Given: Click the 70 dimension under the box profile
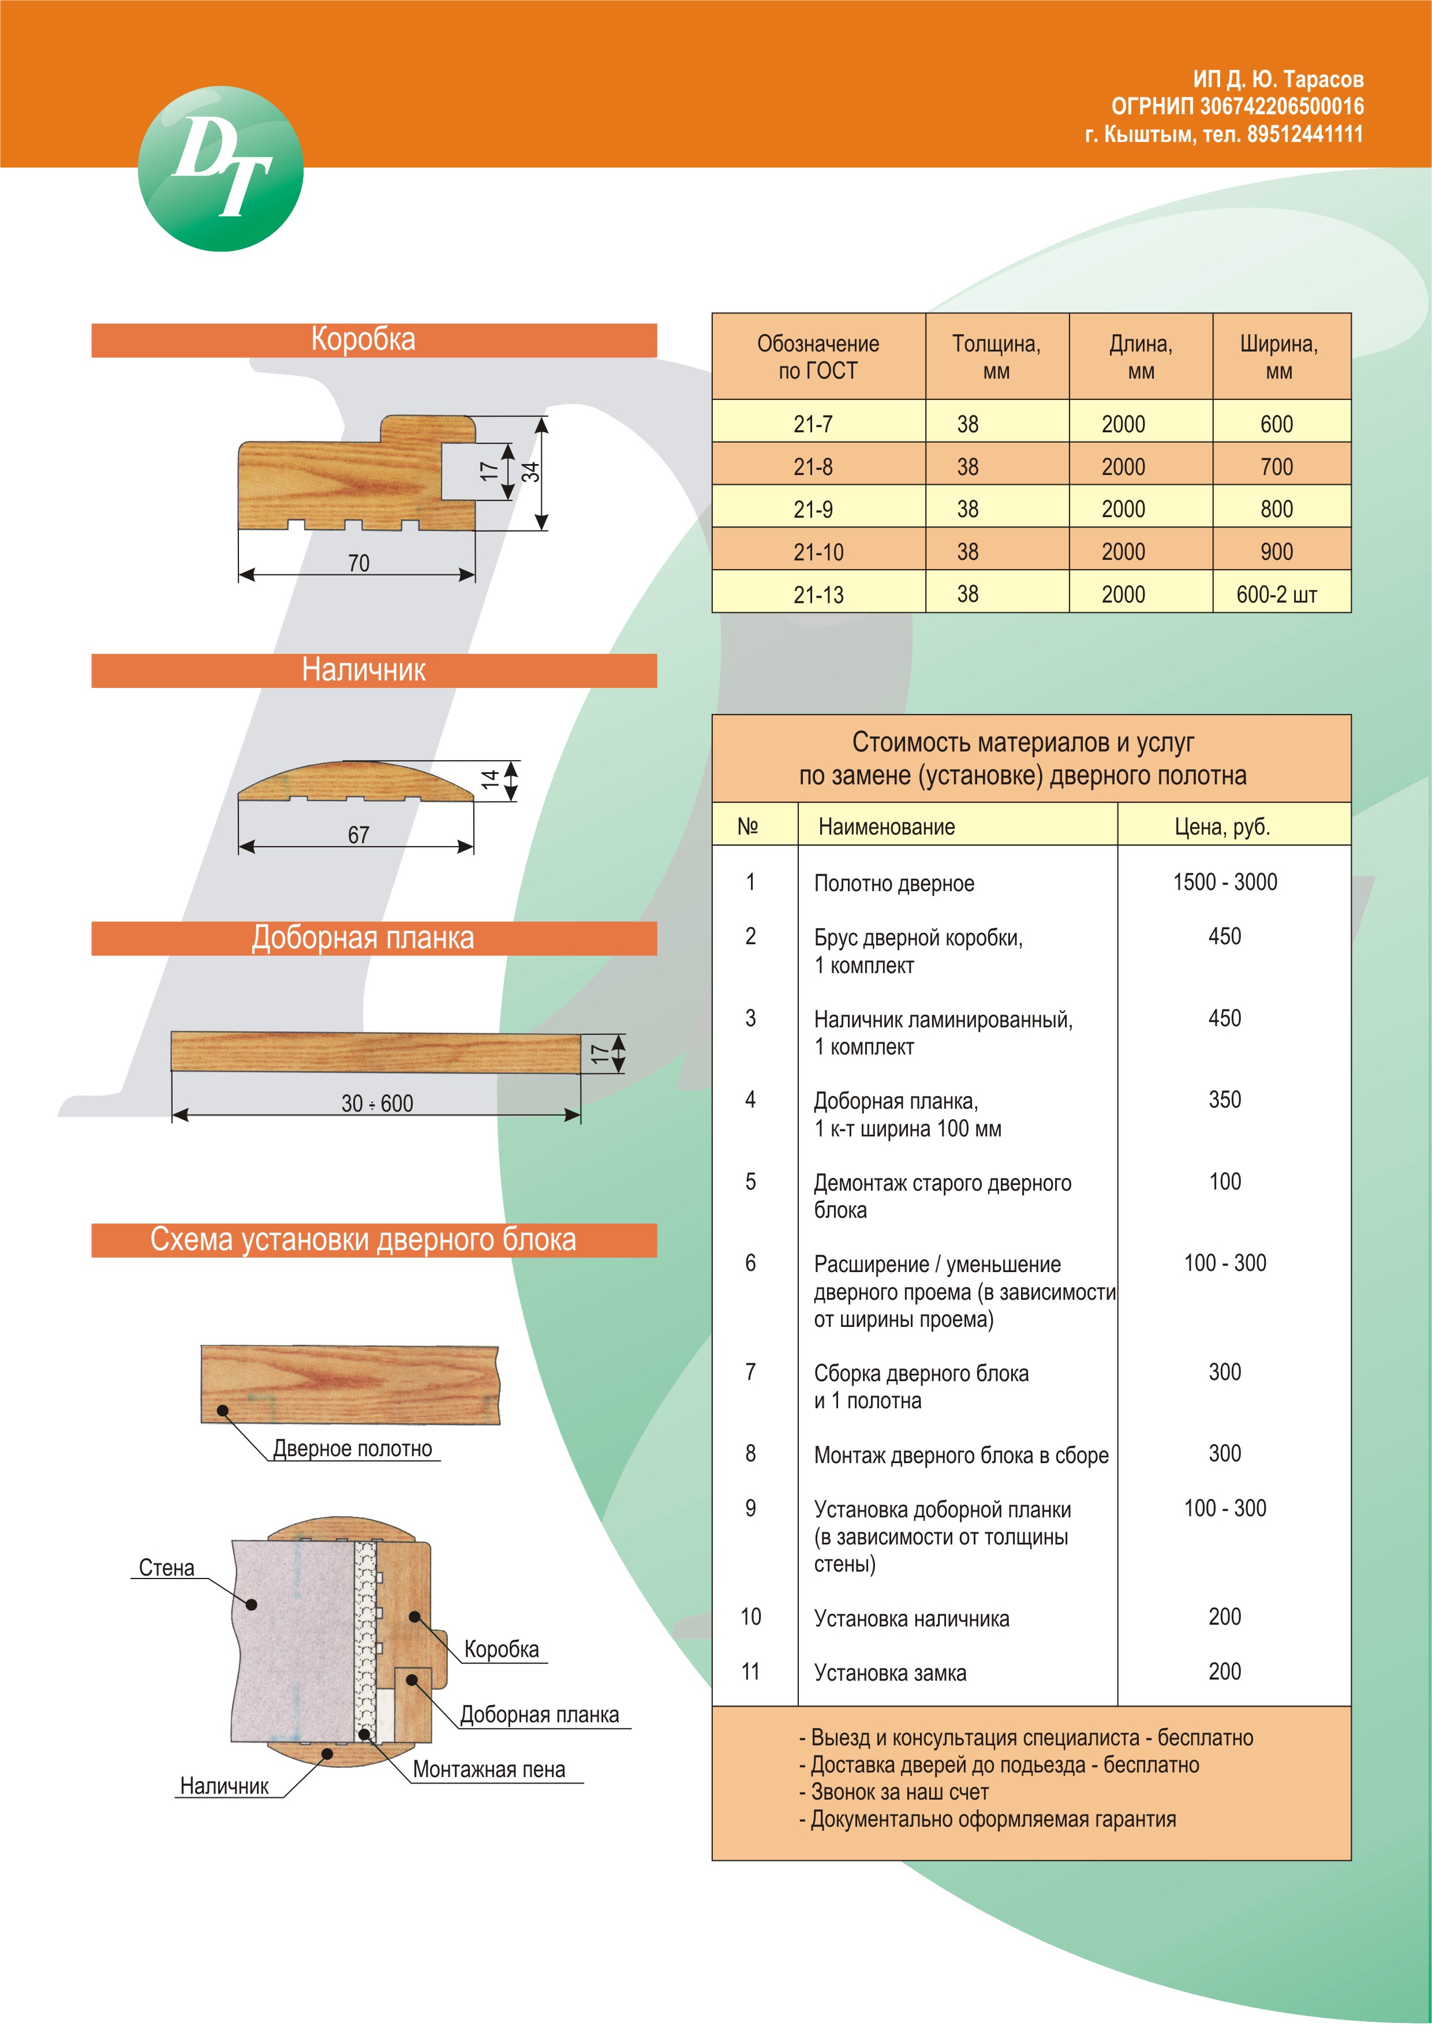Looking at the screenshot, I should tap(358, 563).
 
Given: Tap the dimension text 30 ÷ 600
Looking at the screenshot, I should tap(377, 1104).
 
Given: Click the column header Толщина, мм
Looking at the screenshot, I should tap(996, 357).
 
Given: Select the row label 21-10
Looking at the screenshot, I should tap(818, 552).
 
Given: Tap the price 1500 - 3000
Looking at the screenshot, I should tap(1225, 882).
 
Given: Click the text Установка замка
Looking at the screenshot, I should tap(889, 1673).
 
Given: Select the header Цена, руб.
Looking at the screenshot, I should tap(1222, 827).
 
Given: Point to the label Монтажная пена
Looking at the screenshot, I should tap(489, 1770).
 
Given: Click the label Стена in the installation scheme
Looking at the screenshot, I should tap(166, 1568).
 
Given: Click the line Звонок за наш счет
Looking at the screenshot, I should tap(899, 1792).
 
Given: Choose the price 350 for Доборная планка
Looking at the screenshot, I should tap(1225, 1100).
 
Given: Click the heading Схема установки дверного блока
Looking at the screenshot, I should tap(363, 1240).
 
